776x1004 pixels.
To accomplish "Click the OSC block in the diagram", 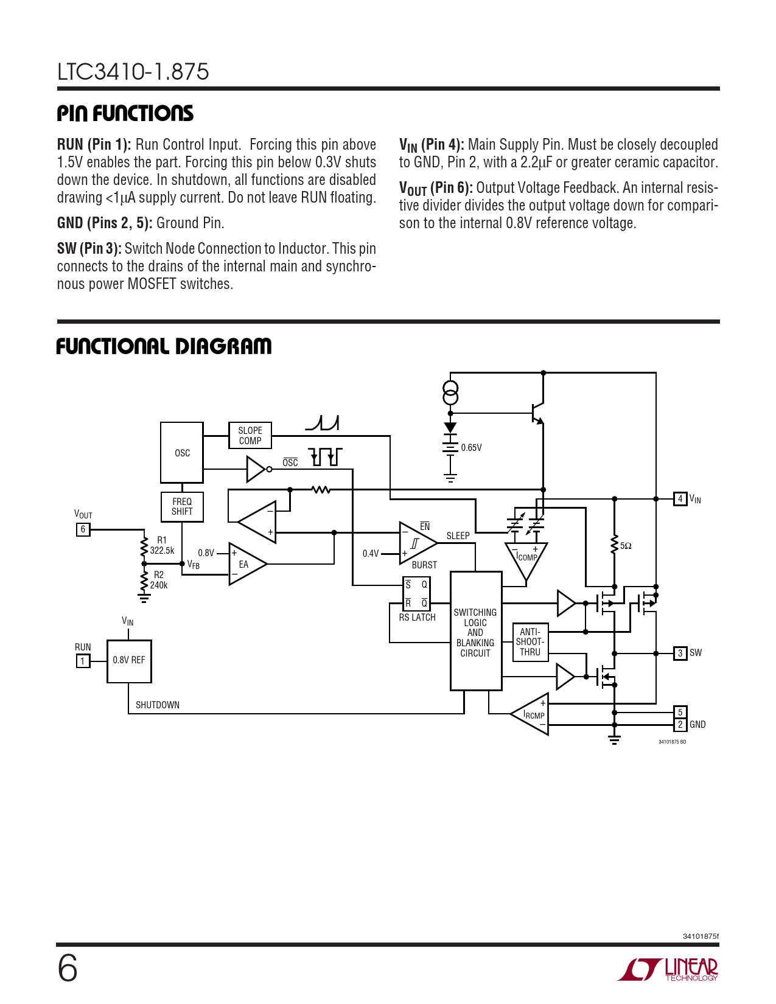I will tap(182, 452).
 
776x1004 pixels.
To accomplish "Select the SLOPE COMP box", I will tap(250, 436).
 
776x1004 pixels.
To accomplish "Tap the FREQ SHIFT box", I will tap(182, 507).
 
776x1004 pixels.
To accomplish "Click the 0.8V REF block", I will tap(129, 661).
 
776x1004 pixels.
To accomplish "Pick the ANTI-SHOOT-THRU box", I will tap(530, 642).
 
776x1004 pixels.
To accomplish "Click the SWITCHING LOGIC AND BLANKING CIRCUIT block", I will tap(475, 632).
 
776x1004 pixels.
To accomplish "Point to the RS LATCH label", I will tap(417, 618).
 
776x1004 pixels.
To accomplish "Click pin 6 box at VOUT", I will tap(83, 529).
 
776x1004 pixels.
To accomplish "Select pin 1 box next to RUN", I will tap(83, 661).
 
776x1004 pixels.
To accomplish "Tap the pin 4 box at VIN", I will tap(680, 499).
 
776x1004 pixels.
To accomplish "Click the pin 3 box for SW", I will tap(680, 653).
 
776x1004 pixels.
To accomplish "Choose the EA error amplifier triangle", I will tap(245, 564).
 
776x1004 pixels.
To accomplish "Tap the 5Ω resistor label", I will tap(626, 546).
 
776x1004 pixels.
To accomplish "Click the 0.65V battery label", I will tap(471, 448).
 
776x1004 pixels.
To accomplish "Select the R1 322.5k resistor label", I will tap(162, 546).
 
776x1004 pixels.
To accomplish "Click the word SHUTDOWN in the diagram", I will tap(158, 705).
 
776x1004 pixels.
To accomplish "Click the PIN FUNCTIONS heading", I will tap(125, 113).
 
